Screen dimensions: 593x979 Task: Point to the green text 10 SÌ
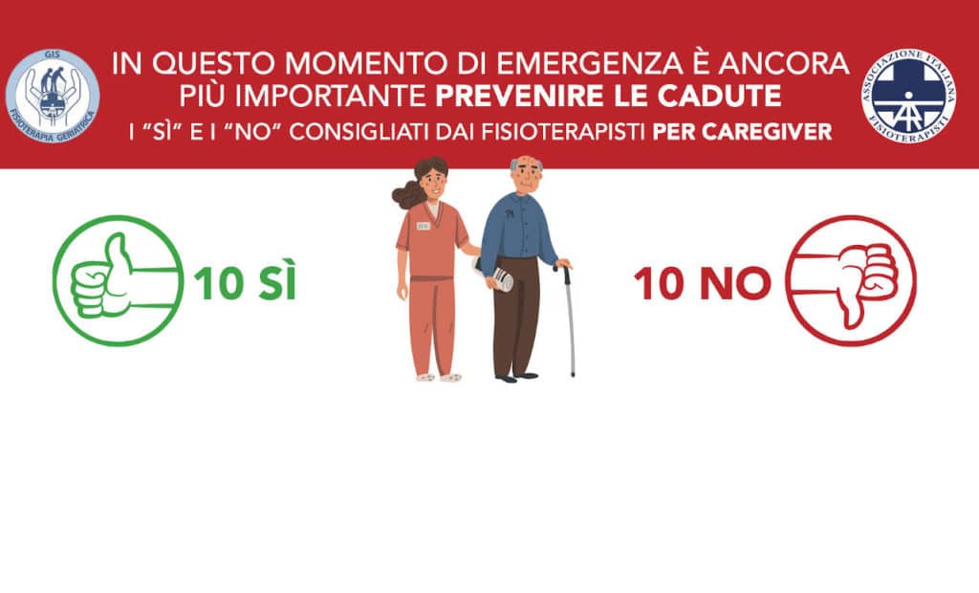click(245, 282)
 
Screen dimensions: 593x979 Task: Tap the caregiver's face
click(432, 184)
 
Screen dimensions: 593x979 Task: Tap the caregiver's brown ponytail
click(406, 195)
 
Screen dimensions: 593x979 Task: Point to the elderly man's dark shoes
click(517, 377)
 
